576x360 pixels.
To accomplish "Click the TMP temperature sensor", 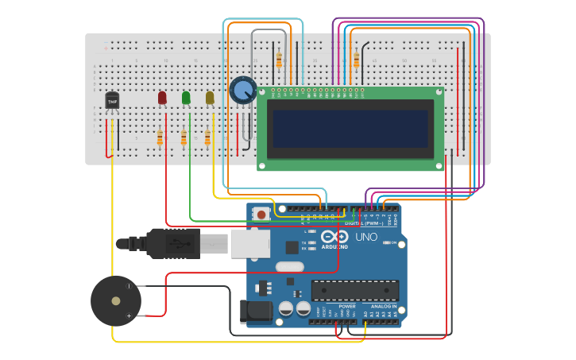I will (x=112, y=101).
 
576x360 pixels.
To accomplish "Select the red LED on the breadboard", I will (x=162, y=97).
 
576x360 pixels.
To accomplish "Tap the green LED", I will (x=186, y=97).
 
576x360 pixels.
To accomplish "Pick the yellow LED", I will (x=210, y=97).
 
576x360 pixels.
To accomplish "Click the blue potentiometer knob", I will (x=243, y=91).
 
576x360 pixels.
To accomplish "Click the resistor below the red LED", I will (x=160, y=138).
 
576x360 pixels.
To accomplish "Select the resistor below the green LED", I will (x=184, y=138).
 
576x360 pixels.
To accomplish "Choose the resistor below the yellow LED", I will (x=207, y=138).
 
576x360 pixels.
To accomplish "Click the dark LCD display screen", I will (x=350, y=128).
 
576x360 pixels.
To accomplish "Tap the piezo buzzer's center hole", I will (x=116, y=301).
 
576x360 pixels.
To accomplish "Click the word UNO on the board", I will (x=366, y=237).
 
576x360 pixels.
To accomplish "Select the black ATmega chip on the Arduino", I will (x=354, y=290).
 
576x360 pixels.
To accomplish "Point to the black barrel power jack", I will (x=253, y=310).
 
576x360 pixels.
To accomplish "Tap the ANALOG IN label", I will (x=383, y=306).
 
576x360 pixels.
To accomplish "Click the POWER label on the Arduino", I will (x=347, y=306).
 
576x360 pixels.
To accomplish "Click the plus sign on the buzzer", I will (x=129, y=315).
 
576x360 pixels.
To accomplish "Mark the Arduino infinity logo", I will (x=334, y=236).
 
